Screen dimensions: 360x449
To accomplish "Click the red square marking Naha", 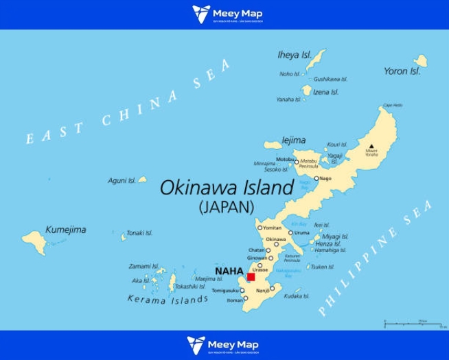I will click(251, 276).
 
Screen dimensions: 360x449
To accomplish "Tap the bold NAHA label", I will click(229, 271).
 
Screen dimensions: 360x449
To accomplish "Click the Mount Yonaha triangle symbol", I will click(371, 147).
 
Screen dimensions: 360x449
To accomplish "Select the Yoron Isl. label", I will click(402, 71).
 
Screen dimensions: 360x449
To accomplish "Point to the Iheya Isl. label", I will click(295, 54).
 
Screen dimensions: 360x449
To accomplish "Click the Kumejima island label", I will click(66, 229).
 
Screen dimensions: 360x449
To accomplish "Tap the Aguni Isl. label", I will click(122, 181).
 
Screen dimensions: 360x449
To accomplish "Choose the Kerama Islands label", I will click(168, 300).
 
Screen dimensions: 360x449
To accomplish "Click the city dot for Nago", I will click(316, 179).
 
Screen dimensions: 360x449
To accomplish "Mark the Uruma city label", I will click(303, 233).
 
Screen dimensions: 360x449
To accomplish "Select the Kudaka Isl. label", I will click(297, 296).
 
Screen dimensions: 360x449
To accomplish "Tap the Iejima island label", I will click(294, 140).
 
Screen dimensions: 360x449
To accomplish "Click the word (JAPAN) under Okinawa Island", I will click(227, 206).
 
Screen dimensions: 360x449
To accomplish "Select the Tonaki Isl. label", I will click(140, 233).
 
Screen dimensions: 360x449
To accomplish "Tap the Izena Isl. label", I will click(325, 92).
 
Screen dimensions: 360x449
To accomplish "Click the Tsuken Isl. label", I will click(322, 267).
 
